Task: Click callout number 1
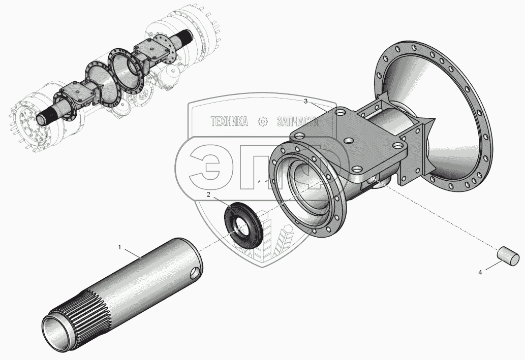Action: pyautogui.click(x=119, y=247)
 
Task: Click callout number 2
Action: pyautogui.click(x=208, y=194)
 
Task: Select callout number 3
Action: pyautogui.click(x=305, y=102)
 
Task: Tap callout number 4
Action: pyautogui.click(x=480, y=272)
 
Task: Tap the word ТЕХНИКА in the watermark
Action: pyautogui.click(x=229, y=121)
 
